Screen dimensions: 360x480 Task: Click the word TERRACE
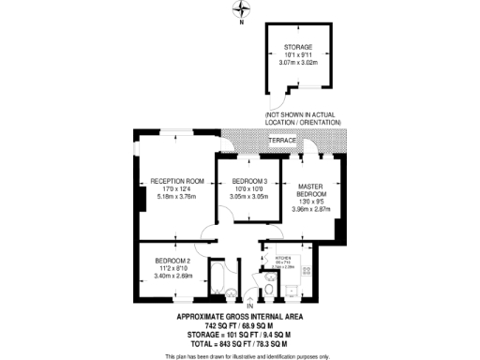(x=282, y=141)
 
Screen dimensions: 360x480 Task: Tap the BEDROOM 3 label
(x=250, y=181)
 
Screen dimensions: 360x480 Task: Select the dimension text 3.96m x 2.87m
(x=311, y=209)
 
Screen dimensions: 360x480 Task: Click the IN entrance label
(x=250, y=307)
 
